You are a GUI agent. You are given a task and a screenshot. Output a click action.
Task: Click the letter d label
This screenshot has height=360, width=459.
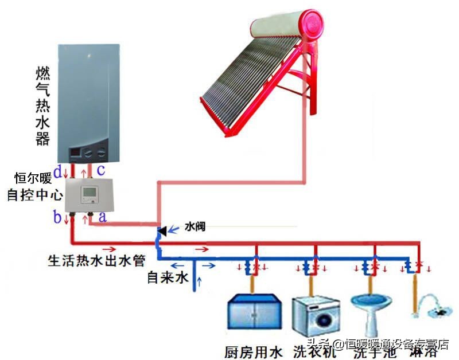(57, 170)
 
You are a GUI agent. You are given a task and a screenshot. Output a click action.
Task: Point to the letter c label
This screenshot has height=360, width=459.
(100, 170)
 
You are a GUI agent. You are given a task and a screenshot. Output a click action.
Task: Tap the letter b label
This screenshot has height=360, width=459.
(57, 217)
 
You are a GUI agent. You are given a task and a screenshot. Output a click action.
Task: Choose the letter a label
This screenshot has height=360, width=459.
(103, 217)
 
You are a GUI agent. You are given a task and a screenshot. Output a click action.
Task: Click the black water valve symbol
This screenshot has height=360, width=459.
(162, 231)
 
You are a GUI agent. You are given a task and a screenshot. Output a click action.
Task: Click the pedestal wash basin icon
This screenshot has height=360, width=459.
(368, 312)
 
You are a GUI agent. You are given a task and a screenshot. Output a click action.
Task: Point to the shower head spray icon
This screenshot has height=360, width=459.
(433, 306)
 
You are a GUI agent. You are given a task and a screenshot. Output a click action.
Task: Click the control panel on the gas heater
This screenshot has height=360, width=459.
(88, 152)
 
